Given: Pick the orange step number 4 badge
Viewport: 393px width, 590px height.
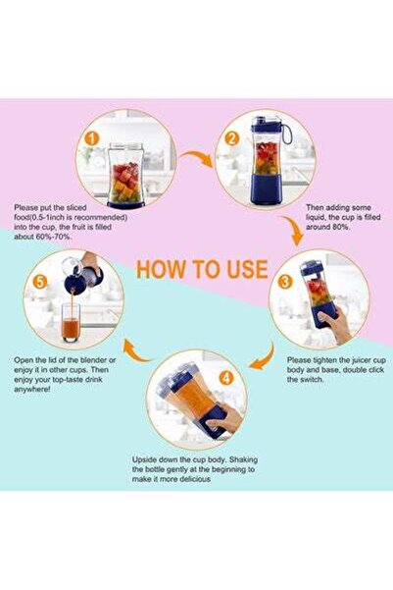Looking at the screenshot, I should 226,376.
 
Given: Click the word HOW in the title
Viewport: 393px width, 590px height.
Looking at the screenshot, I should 157,269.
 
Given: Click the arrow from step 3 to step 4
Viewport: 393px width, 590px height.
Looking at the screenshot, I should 263,359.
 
